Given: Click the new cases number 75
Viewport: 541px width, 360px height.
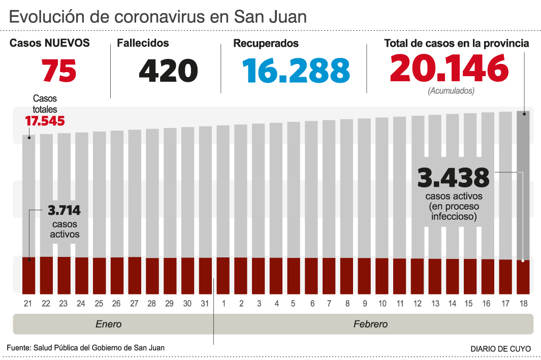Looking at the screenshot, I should [59, 71].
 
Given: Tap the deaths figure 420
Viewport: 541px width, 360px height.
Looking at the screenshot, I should [168, 71].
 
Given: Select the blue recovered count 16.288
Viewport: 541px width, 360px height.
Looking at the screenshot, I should [296, 71].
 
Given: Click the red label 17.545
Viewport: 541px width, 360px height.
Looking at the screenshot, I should [45, 121].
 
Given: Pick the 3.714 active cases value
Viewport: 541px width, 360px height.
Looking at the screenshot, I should [64, 211].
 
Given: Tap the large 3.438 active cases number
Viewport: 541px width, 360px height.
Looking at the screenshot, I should [453, 178].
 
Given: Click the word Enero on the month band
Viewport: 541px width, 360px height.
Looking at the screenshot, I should [109, 324].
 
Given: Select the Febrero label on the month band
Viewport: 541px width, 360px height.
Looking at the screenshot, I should [370, 324].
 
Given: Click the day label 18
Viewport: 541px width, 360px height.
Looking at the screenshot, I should [523, 304].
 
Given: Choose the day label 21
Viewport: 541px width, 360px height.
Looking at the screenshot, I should [28, 304].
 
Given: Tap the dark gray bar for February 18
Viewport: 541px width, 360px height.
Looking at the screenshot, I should [523, 183].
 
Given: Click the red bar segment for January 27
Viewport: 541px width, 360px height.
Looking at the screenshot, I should [135, 275].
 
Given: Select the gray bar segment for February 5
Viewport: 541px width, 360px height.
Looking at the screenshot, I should [294, 188].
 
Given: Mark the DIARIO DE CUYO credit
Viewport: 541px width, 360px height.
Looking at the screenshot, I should [500, 349].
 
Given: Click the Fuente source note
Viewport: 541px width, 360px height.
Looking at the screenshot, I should [85, 348].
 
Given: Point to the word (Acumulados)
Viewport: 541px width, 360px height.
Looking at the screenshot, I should [451, 91].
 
